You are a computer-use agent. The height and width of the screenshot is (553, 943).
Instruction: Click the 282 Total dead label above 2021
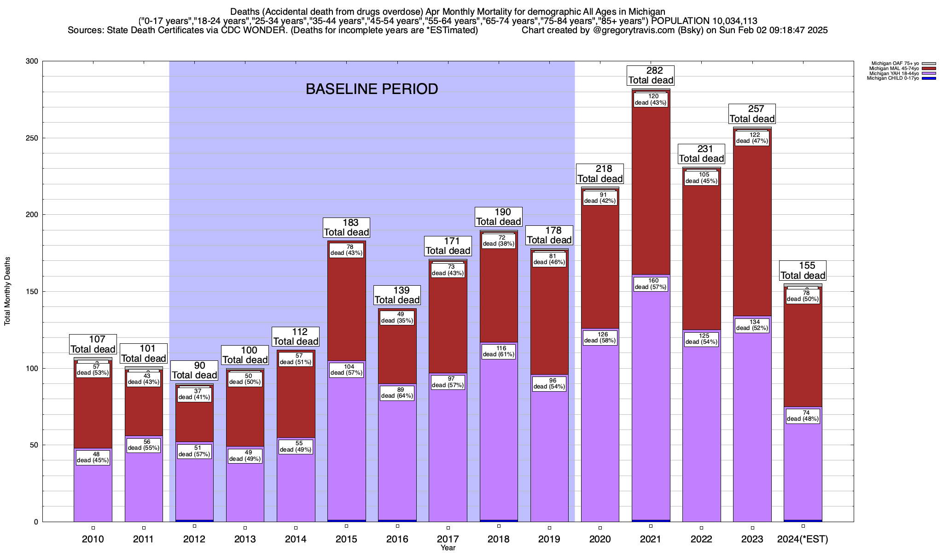[x=651, y=75]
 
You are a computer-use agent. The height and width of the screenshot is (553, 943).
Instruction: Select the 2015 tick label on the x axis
[x=347, y=539]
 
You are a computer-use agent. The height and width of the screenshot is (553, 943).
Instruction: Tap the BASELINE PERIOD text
[x=372, y=89]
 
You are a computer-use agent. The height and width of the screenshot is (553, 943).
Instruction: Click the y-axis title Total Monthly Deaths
[x=7, y=291]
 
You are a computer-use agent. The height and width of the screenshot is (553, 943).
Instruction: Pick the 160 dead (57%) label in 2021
[x=651, y=284]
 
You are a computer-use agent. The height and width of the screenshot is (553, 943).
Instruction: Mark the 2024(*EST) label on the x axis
[x=803, y=539]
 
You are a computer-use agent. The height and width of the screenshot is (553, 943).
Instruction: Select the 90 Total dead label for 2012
[x=194, y=371]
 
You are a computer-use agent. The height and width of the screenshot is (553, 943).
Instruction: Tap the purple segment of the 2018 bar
[x=499, y=438]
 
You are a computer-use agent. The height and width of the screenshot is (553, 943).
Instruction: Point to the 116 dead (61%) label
[x=499, y=352]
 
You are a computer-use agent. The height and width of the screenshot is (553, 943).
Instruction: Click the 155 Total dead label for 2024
[x=803, y=271]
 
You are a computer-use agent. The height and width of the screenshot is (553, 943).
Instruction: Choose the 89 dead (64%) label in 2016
[x=397, y=393]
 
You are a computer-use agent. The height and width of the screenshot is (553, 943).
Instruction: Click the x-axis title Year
[x=448, y=547]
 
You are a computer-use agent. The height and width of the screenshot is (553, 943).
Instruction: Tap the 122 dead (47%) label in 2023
[x=752, y=138]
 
